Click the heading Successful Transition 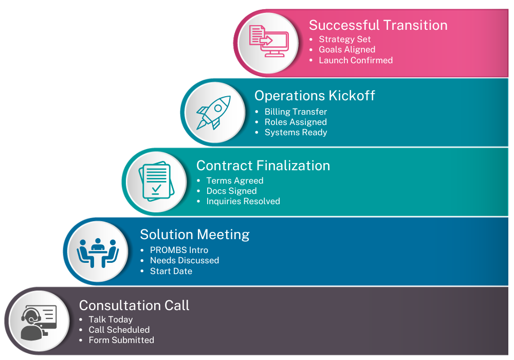tap(378, 25)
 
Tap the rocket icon tap(213, 113)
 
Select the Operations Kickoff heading tap(315, 96)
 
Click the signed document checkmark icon tap(156, 182)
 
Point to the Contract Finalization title tap(263, 166)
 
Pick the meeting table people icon tap(98, 253)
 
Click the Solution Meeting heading tap(195, 235)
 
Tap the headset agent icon tap(39, 323)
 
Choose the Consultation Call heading tap(134, 305)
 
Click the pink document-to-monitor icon tap(269, 41)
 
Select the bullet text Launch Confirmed tap(356, 60)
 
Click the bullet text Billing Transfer tap(296, 112)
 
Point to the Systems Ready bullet tap(296, 133)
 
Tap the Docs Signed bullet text tap(231, 191)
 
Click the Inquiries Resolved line tap(243, 201)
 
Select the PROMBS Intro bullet tap(179, 250)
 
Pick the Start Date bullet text tap(171, 271)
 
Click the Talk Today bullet tap(111, 320)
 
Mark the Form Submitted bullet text tap(121, 340)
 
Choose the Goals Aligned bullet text tap(347, 50)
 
